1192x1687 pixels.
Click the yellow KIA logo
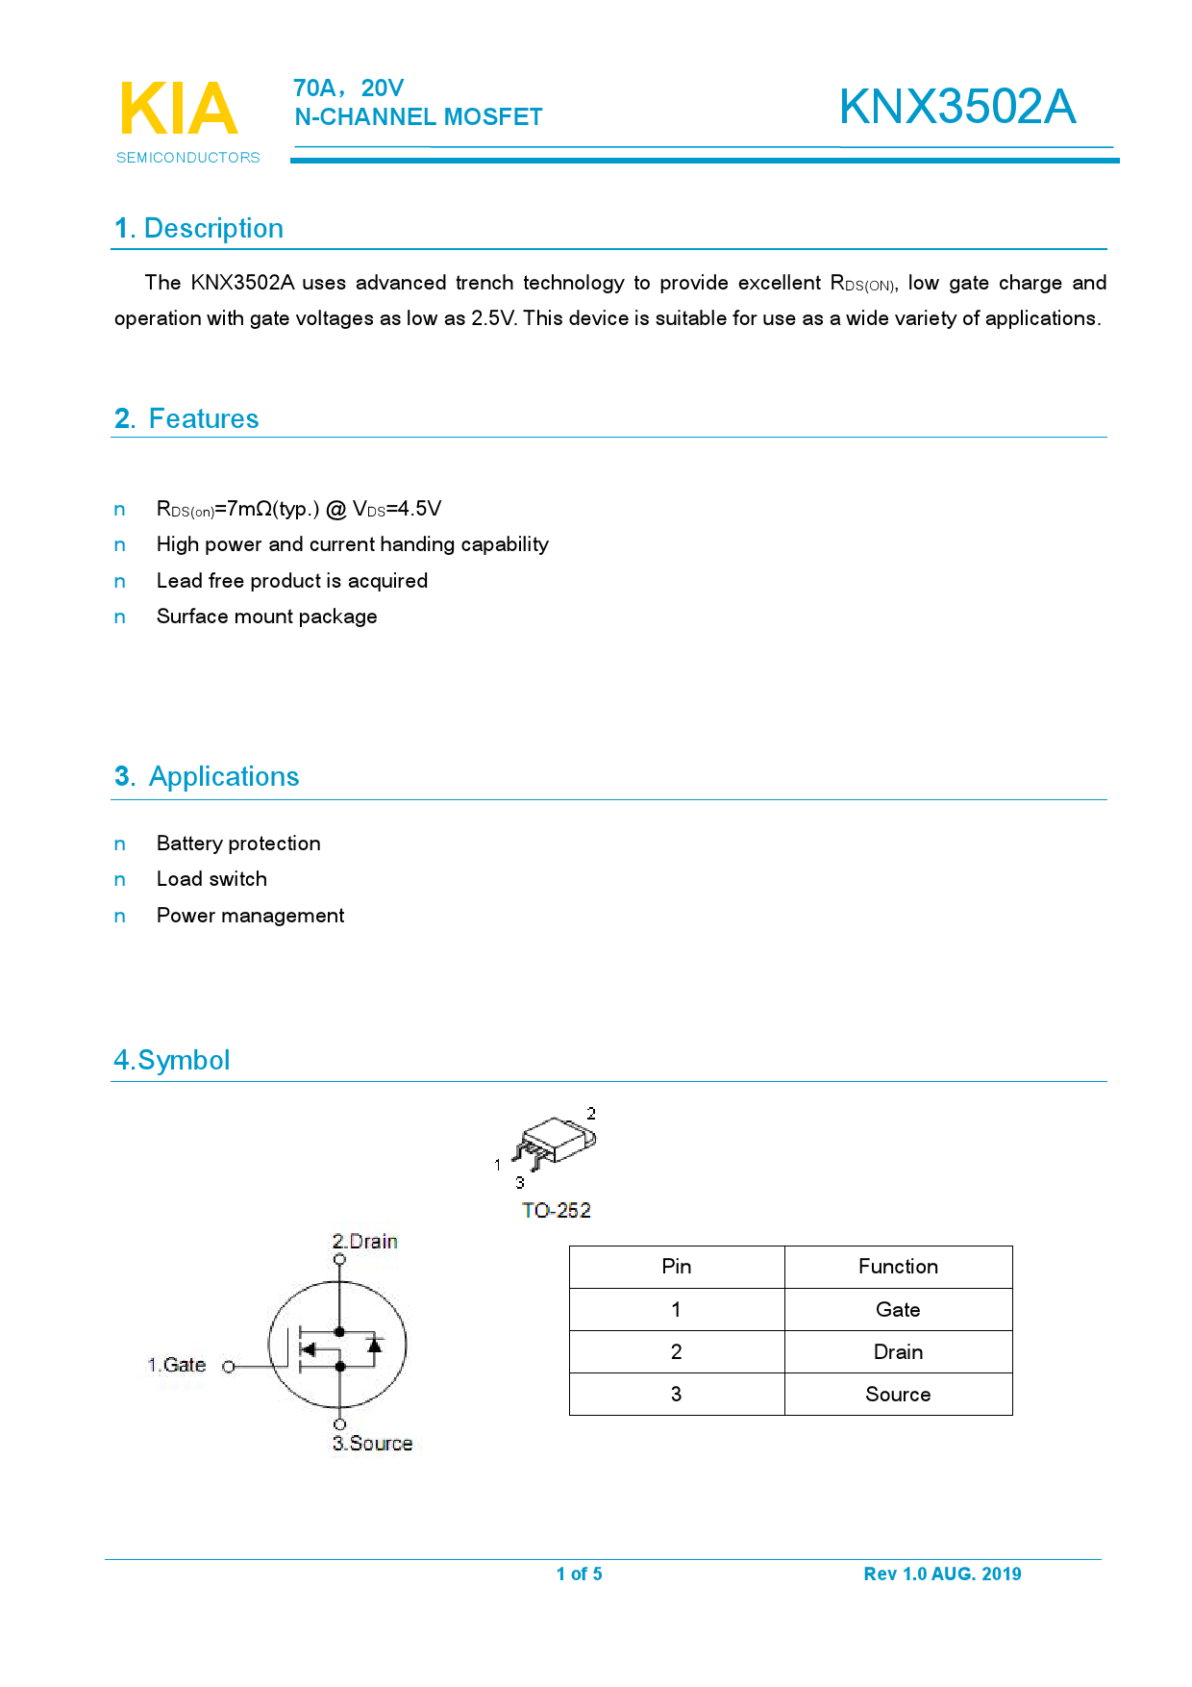coord(178,109)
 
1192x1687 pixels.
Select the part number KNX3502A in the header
coord(956,107)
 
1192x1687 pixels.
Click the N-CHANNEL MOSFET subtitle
coord(418,117)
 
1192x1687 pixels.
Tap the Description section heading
coord(199,229)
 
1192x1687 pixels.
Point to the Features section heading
coord(186,419)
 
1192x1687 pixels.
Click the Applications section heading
coord(207,777)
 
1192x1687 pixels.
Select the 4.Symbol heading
coord(172,1061)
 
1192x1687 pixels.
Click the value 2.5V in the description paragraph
coord(493,318)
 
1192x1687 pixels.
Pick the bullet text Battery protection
coord(238,843)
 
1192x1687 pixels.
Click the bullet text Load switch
coord(211,879)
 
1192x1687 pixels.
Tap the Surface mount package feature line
coord(266,617)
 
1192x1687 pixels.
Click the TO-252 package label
coord(556,1211)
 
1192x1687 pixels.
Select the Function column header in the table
coord(898,1267)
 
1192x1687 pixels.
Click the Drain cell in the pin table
coord(898,1352)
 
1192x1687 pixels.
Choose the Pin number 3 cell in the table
coord(676,1395)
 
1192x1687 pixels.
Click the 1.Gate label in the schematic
coord(177,1366)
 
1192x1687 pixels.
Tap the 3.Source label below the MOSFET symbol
coord(372,1444)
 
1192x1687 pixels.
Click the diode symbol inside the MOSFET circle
coord(375,1346)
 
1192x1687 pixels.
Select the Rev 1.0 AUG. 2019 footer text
coord(942,1574)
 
